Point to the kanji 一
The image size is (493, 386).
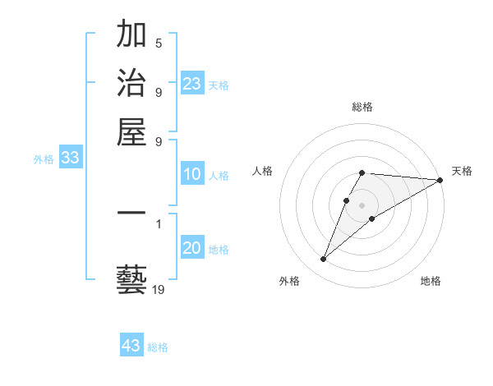131,213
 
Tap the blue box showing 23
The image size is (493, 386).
192,84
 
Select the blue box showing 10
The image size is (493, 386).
192,174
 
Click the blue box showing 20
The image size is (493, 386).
192,249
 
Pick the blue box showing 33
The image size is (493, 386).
71,159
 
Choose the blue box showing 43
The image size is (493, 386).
131,346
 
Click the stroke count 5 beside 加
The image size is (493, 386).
159,43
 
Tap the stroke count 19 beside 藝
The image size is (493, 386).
159,289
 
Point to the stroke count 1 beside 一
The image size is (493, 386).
159,223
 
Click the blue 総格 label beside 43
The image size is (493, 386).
158,347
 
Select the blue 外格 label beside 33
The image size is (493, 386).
43,160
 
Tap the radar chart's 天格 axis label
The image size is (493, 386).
462,171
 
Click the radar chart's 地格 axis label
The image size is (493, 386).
431,281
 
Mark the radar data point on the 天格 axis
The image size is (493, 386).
440,181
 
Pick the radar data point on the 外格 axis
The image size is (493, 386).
323,260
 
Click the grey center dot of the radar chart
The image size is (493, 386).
362,204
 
